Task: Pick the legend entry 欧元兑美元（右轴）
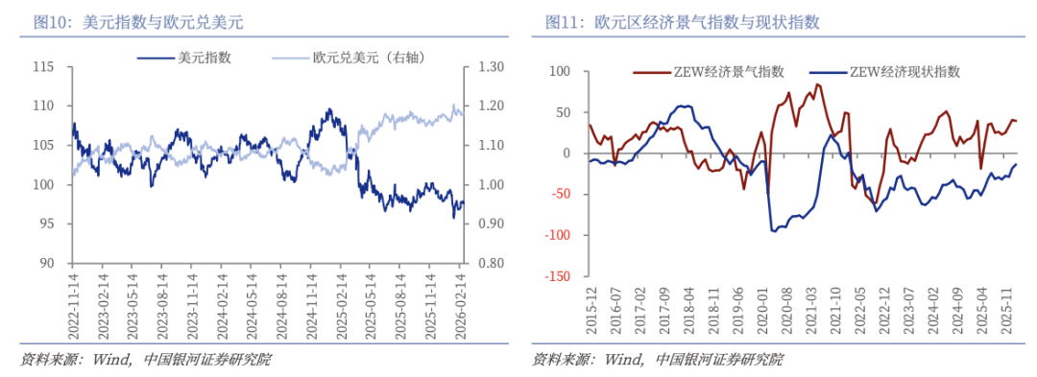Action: (x=369, y=58)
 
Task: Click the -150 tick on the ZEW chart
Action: (x=555, y=276)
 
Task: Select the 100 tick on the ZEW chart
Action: (x=559, y=71)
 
